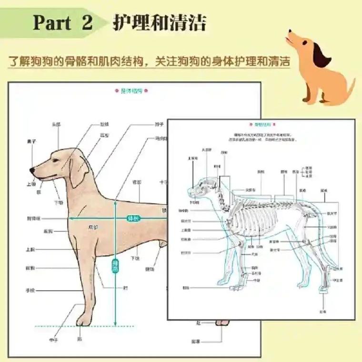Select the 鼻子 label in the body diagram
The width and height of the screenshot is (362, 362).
point(32,141)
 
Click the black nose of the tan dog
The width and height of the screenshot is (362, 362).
point(31,170)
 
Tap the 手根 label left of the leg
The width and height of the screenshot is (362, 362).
point(30,290)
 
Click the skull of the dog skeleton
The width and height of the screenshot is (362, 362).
point(203,185)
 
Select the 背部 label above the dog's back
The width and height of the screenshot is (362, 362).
point(137,182)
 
